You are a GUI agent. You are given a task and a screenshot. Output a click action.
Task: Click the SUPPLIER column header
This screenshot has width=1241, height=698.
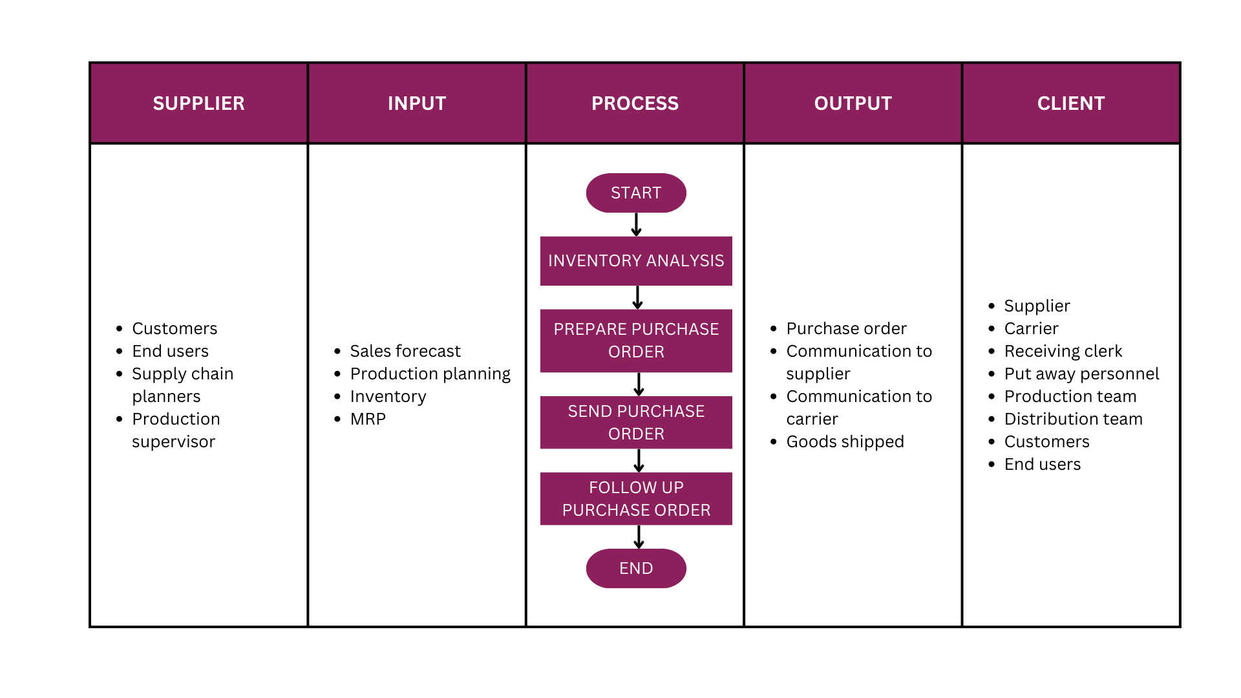coord(198,103)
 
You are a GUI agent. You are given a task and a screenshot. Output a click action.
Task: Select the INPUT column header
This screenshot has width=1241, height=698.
coord(417,103)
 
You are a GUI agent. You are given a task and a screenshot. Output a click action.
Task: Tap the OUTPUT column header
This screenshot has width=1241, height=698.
coord(853,103)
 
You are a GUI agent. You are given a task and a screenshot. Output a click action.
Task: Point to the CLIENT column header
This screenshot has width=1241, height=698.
coord(1071,103)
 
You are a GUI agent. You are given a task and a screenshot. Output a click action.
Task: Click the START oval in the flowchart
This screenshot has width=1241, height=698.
coord(636,193)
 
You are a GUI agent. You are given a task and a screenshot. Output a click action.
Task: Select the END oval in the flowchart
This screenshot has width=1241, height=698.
coord(636,568)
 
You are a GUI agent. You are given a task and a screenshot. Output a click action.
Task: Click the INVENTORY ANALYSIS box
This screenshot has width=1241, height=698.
coord(636,260)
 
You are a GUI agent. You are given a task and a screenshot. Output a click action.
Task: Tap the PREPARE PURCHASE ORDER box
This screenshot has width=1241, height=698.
coord(636,341)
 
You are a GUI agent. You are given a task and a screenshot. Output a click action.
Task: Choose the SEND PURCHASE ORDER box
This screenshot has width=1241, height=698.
coord(636,422)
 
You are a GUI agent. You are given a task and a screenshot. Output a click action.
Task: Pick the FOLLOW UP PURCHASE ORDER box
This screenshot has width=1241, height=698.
coord(636,498)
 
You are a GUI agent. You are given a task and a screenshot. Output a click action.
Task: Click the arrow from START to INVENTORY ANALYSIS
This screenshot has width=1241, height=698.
coord(636,224)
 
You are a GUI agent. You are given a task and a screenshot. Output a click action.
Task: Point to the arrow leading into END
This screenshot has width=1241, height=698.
coord(639,536)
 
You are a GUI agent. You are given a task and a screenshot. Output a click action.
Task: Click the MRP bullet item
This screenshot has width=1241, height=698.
coord(368,419)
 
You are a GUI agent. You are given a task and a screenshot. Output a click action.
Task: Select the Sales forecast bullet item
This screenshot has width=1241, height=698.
coord(405,351)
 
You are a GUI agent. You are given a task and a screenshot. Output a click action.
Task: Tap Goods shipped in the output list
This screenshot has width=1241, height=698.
coord(845,441)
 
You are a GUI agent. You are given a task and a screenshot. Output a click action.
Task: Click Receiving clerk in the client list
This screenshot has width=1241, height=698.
coord(1063,351)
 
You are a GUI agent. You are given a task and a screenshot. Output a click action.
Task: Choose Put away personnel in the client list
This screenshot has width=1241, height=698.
coord(1081,374)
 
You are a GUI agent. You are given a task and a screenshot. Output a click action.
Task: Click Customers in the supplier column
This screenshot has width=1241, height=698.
coord(175,328)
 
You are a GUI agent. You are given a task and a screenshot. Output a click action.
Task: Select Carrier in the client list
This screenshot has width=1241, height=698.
coord(1031,328)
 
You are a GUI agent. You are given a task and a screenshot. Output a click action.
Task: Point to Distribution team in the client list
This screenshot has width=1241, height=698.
coord(1073,419)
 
